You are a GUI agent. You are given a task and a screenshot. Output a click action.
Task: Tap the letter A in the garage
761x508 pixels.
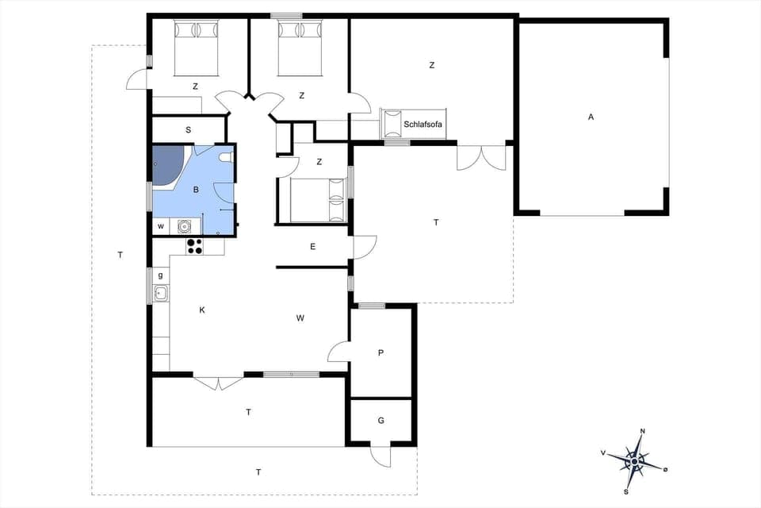click(591, 117)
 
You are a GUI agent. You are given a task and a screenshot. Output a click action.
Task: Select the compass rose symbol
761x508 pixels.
click(635, 460)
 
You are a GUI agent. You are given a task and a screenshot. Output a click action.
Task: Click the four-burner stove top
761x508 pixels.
click(194, 247)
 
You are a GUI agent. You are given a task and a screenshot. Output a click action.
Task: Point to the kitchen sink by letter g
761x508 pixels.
click(161, 294)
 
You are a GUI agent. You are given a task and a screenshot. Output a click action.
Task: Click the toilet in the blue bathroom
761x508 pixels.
click(227, 156)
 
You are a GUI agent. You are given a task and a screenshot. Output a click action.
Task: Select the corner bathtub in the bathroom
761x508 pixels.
click(167, 166)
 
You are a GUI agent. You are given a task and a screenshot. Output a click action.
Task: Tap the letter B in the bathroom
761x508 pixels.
click(196, 190)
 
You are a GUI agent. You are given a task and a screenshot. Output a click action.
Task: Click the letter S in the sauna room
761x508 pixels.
click(189, 129)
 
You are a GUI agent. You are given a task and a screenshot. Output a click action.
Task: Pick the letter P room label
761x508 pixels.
click(380, 352)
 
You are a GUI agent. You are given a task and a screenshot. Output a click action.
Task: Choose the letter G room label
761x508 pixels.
click(380, 421)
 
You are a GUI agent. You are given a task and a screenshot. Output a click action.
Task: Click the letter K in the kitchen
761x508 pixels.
click(202, 310)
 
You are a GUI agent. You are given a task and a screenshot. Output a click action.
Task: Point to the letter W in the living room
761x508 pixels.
click(300, 318)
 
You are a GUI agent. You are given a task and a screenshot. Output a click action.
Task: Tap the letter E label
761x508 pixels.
click(313, 247)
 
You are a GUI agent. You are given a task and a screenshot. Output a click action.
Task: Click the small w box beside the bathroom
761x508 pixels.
click(161, 226)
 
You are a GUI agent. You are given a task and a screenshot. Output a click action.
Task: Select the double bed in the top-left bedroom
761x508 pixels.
click(196, 48)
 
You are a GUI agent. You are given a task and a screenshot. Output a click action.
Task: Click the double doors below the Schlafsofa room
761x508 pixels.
click(481, 158)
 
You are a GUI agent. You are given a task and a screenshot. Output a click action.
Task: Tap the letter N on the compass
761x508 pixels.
click(642, 431)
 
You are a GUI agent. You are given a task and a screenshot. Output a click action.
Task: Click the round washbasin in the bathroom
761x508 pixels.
click(185, 225)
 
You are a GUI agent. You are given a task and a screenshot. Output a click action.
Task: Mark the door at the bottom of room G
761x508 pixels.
click(380, 456)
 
